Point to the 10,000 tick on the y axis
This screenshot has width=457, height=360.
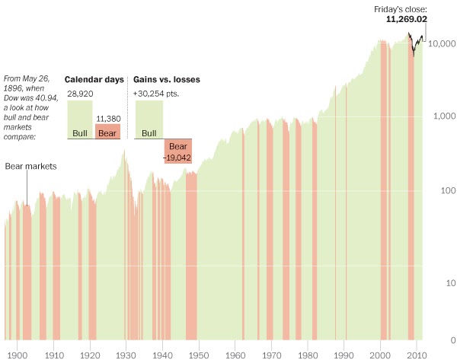click(441, 44)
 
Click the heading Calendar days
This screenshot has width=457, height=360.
click(94, 79)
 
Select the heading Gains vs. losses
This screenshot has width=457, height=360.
click(166, 79)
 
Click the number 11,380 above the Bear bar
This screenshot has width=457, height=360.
click(107, 118)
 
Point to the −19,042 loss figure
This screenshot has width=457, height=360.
click(177, 157)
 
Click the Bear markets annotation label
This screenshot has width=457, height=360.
click(31, 165)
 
